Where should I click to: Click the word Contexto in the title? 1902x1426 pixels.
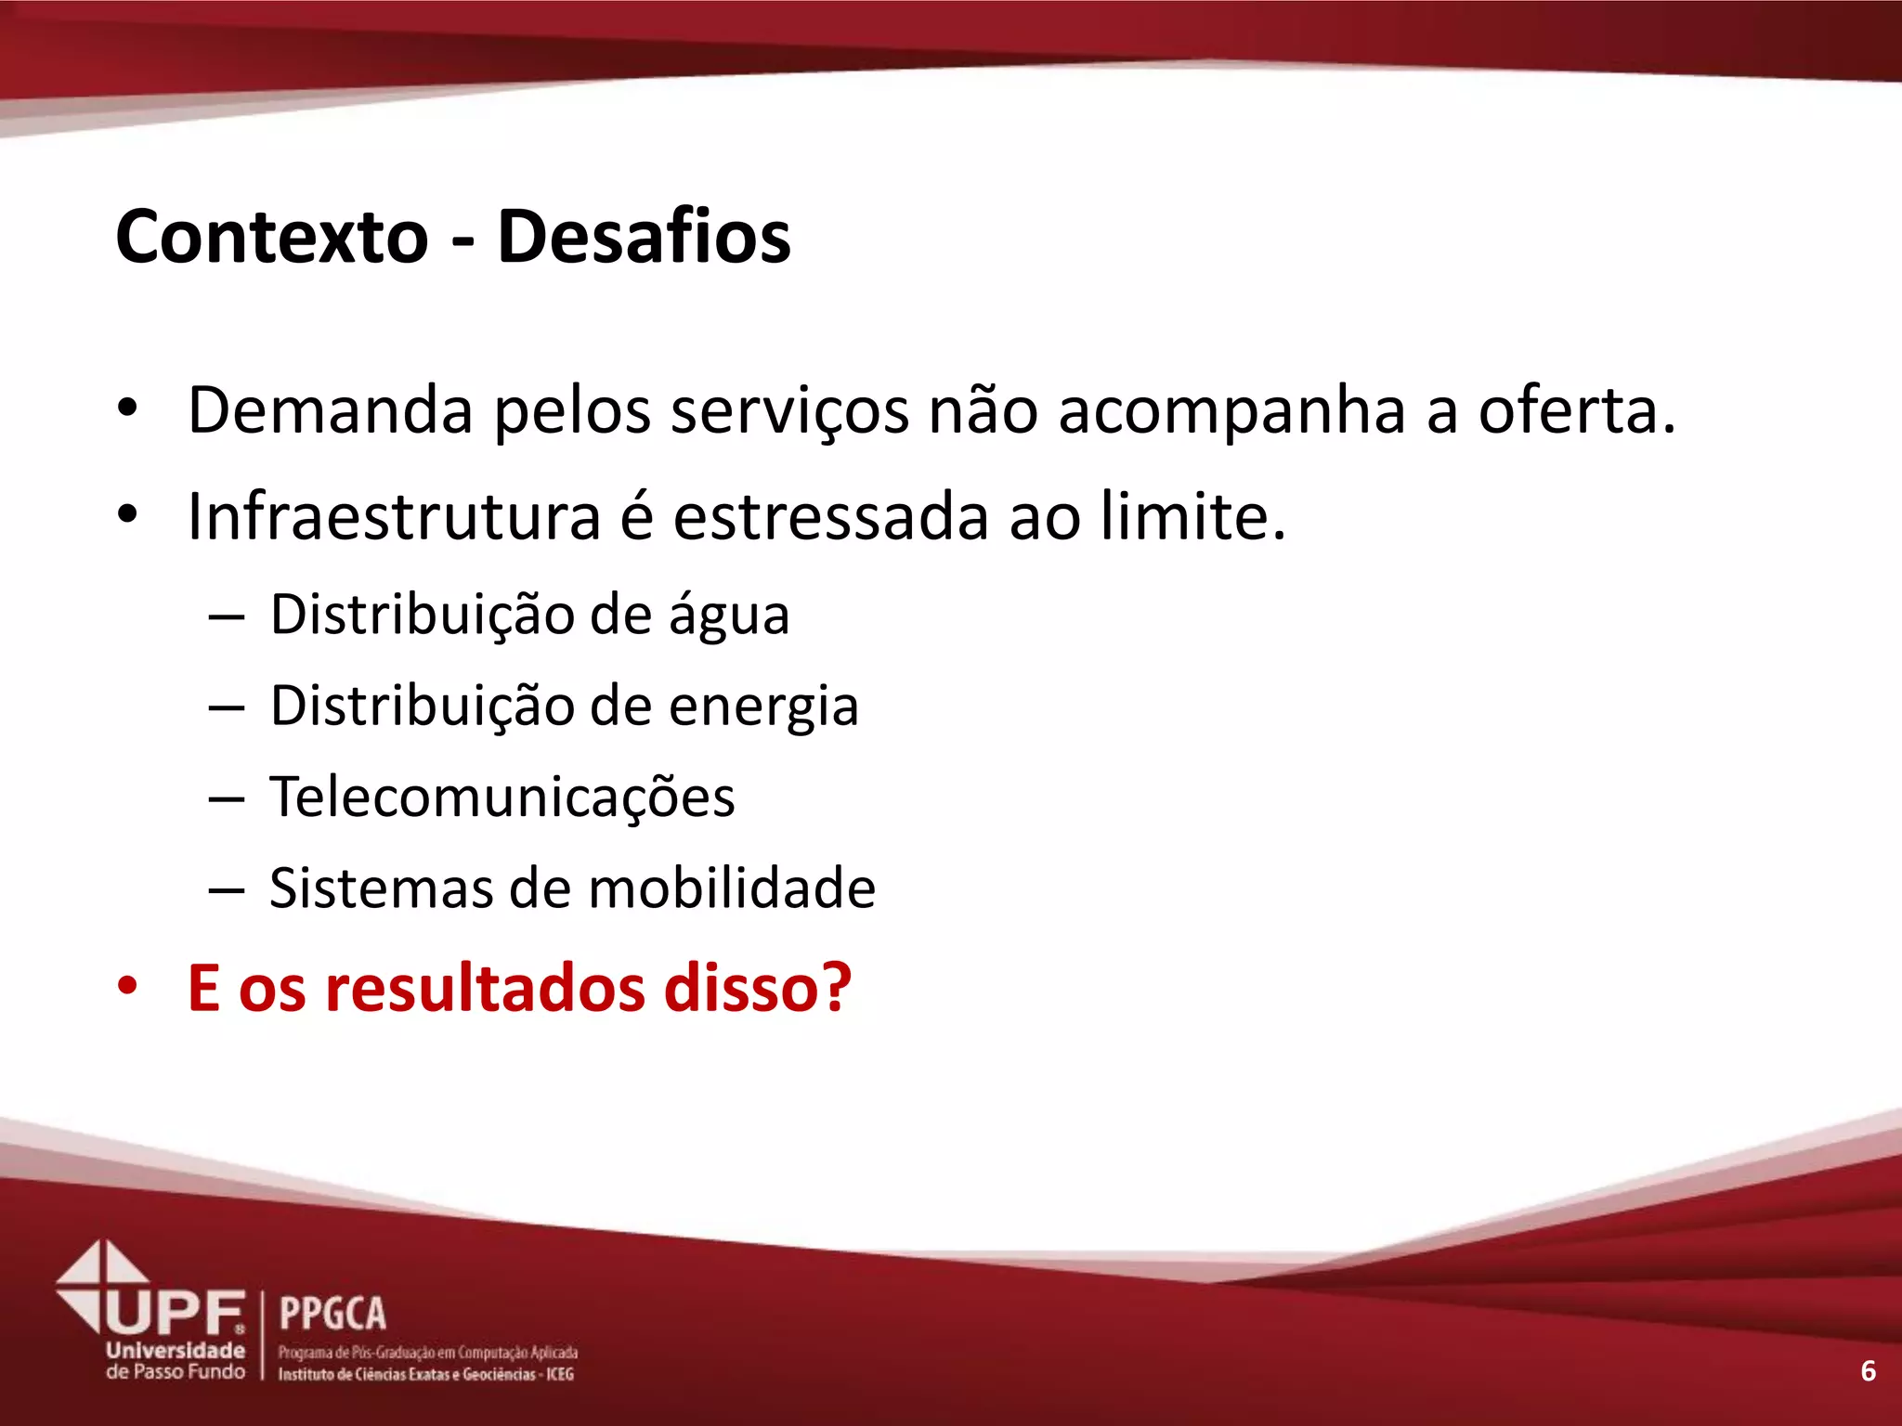(271, 237)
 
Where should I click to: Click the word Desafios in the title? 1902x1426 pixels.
(644, 237)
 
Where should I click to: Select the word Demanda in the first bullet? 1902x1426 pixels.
(330, 409)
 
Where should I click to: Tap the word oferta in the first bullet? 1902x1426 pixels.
(1576, 409)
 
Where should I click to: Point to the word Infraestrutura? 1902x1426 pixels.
(394, 516)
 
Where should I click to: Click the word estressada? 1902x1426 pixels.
(830, 516)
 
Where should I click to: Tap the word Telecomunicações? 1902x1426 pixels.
(502, 797)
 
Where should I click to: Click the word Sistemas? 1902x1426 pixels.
(382, 888)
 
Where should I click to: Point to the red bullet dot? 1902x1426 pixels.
(127, 986)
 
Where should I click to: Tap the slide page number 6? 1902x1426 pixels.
(1869, 1371)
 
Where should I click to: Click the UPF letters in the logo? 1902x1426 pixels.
(176, 1313)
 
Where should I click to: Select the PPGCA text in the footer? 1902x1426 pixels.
(332, 1314)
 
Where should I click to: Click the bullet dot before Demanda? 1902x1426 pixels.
(127, 408)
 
